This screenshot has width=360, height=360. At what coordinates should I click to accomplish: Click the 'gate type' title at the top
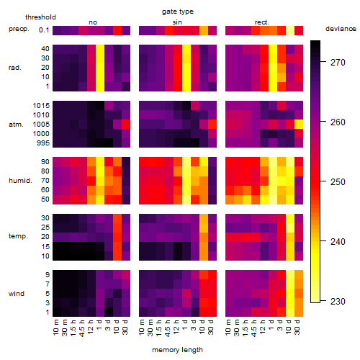click(x=178, y=12)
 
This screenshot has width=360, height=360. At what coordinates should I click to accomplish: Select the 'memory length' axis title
click(x=177, y=350)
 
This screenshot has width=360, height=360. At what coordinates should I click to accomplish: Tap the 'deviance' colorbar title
click(x=341, y=29)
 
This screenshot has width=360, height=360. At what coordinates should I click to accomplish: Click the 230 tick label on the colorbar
click(x=338, y=301)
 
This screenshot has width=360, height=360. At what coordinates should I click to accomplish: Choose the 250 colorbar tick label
click(x=338, y=181)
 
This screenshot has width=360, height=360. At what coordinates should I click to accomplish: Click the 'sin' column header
click(x=177, y=22)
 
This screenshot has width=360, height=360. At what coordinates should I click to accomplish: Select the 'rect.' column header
click(x=261, y=22)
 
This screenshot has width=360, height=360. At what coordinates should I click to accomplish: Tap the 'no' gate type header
click(x=93, y=22)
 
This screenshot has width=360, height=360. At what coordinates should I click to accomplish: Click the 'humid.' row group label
click(x=20, y=181)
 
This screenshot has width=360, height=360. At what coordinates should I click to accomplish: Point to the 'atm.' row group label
click(x=16, y=125)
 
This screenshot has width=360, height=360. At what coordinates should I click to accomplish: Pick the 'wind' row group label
click(x=17, y=294)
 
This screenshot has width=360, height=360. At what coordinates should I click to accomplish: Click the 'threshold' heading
click(x=40, y=17)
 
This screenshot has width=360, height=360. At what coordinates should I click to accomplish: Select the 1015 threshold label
click(x=41, y=106)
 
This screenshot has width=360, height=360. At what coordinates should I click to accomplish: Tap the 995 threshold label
click(x=43, y=143)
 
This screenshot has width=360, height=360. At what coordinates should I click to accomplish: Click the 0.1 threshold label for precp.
click(x=44, y=30)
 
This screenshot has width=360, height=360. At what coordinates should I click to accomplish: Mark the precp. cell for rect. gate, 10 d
click(x=290, y=31)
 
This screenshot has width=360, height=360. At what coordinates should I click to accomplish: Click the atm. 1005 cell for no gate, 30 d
click(x=126, y=125)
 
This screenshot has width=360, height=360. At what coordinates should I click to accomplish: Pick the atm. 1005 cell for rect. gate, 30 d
click(x=299, y=125)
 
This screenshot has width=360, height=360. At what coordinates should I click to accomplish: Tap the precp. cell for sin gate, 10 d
click(x=204, y=31)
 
